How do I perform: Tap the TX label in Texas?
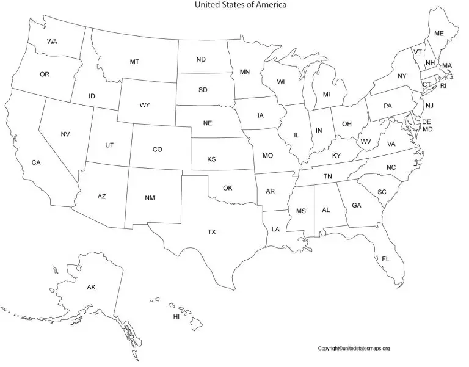(x=211, y=232)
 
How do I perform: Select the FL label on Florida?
(x=385, y=259)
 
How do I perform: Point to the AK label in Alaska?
(x=91, y=287)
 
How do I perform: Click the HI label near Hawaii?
(x=176, y=317)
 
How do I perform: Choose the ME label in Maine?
(x=438, y=34)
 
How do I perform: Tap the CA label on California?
(x=36, y=162)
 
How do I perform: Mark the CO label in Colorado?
(x=158, y=150)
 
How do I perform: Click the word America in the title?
(x=267, y=5)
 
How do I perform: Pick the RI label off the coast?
(x=444, y=85)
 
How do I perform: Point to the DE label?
(x=427, y=122)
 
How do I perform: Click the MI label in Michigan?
(x=326, y=95)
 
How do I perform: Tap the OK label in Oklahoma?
(x=227, y=188)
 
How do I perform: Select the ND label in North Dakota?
(x=201, y=60)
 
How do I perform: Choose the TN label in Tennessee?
(x=328, y=176)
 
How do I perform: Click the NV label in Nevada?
(x=65, y=134)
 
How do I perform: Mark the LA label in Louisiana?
(x=275, y=230)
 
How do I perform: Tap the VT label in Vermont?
(x=418, y=53)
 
